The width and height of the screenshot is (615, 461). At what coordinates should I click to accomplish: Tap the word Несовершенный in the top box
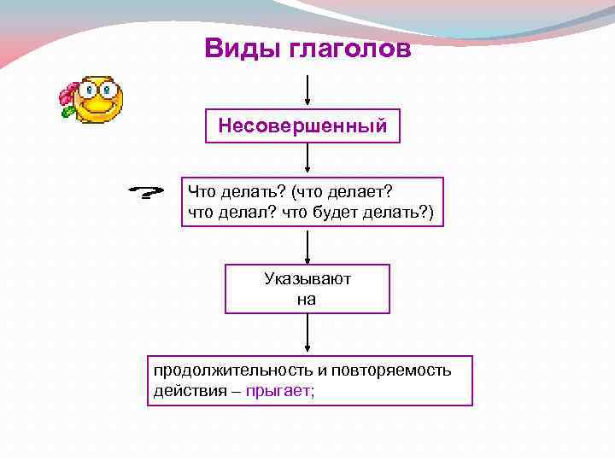pos(302,126)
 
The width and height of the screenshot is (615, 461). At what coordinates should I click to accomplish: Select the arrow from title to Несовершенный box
pos(307,90)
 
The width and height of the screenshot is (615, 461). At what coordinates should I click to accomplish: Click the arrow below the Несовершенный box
pos(307,160)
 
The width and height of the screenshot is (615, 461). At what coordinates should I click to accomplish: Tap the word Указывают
pos(307,279)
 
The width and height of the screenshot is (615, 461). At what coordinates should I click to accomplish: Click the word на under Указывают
pos(307,299)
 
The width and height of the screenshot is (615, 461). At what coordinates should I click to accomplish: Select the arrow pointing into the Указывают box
pos(307,246)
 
